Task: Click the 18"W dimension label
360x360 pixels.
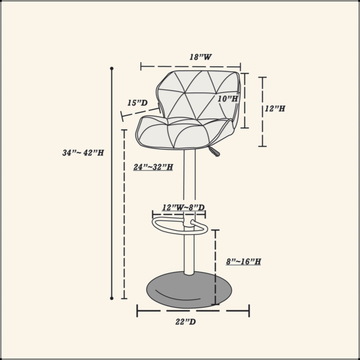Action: click(200, 57)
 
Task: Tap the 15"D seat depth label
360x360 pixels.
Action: click(137, 103)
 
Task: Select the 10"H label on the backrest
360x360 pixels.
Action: click(228, 99)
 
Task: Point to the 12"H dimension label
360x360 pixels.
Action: click(275, 108)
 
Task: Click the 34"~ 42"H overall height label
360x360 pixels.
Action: click(83, 153)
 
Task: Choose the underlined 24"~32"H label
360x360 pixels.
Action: click(153, 167)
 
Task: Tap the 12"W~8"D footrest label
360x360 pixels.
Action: click(183, 207)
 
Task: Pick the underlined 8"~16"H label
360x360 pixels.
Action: click(243, 261)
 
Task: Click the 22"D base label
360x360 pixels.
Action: click(185, 322)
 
